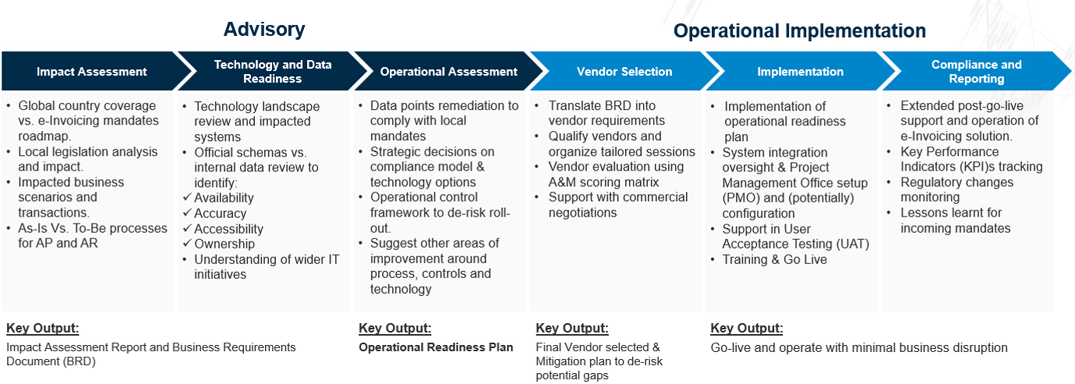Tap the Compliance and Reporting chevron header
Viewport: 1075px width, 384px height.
(x=977, y=71)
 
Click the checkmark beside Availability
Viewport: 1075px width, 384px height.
(x=187, y=197)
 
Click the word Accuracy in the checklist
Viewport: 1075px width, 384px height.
(x=220, y=214)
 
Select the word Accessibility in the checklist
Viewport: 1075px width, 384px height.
(x=229, y=229)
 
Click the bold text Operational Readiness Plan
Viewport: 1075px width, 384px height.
(x=436, y=347)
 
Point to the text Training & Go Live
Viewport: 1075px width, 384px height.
(x=775, y=259)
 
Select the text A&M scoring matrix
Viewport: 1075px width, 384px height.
(x=603, y=182)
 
